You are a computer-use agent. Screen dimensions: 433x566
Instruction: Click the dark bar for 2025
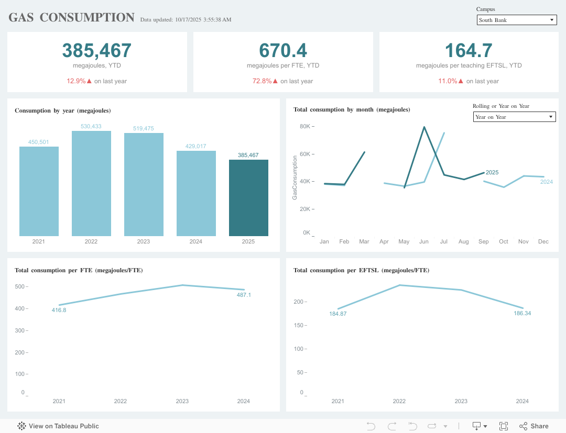coord(248,198)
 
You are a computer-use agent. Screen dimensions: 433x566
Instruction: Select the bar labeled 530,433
coord(91,183)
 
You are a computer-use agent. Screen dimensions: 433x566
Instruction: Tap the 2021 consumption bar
coord(39,191)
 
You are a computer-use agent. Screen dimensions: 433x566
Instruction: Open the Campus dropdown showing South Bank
coord(516,20)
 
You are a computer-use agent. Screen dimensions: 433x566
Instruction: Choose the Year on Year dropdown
coord(514,117)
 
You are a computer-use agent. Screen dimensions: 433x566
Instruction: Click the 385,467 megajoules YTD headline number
coord(97,50)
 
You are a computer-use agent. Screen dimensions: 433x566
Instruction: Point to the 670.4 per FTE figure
coord(283,50)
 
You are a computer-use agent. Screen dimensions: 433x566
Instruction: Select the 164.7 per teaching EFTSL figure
coord(469,50)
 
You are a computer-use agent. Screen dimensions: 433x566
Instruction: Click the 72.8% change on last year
coord(262,81)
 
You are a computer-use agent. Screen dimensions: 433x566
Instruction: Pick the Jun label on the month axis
coord(424,241)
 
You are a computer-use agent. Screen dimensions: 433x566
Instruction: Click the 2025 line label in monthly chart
coord(492,172)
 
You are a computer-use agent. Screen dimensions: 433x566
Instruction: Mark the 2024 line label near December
coord(547,182)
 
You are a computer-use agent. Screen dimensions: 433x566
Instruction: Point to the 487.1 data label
coord(244,295)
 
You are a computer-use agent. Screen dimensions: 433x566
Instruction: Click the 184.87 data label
coord(338,314)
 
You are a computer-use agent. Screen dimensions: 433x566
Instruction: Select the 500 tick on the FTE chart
coord(20,286)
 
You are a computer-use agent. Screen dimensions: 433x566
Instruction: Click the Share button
coord(534,426)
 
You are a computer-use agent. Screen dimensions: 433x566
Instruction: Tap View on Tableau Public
coord(58,426)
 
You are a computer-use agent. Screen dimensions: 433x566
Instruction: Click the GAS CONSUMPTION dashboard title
coord(72,17)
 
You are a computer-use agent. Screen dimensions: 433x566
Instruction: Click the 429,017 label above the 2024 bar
coord(195,146)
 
